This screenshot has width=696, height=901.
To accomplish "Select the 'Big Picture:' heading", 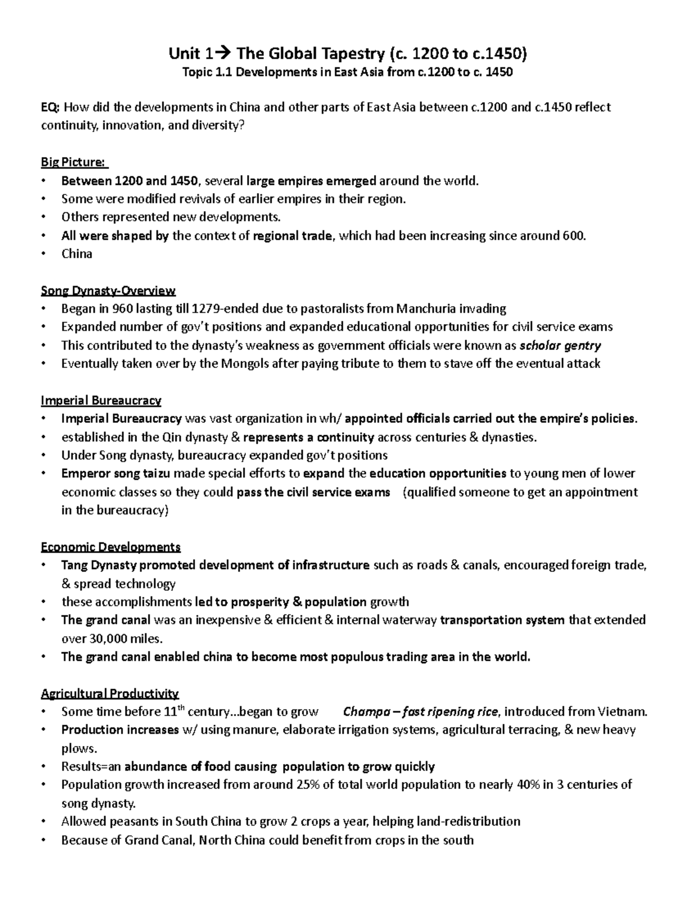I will click(74, 162).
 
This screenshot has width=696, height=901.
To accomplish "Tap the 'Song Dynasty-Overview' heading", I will click(108, 290).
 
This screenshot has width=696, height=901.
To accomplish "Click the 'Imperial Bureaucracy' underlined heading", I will click(101, 400).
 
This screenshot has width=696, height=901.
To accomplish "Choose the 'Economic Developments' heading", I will click(110, 547).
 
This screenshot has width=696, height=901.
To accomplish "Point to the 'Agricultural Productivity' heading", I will click(110, 693).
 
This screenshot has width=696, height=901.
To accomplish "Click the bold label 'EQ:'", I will click(51, 107).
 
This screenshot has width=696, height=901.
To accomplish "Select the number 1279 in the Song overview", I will click(206, 309).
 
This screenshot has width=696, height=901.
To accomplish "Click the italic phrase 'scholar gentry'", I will click(560, 346).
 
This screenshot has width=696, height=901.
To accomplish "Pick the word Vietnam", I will click(622, 712).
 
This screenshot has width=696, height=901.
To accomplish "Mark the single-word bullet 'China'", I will click(77, 254).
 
